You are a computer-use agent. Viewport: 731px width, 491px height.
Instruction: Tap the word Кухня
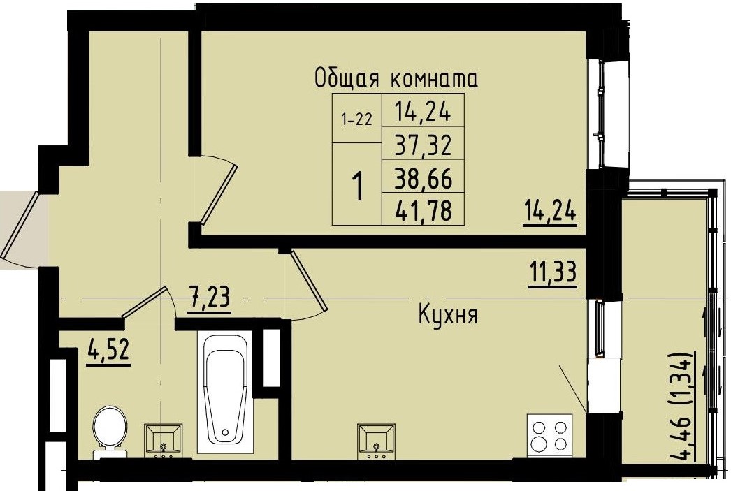pos(447,315)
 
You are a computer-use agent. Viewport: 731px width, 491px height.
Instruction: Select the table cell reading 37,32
pos(422,146)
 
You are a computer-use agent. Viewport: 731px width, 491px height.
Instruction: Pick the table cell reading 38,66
pos(422,179)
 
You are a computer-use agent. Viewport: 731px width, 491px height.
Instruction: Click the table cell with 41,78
pos(422,210)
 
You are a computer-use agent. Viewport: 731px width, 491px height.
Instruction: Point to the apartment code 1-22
pos(356,119)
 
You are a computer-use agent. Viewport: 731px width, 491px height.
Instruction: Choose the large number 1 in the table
pos(357,187)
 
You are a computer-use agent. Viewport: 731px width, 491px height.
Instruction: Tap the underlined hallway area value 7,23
pos(210,301)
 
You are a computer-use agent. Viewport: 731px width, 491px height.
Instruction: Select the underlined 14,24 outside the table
pos(549,210)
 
